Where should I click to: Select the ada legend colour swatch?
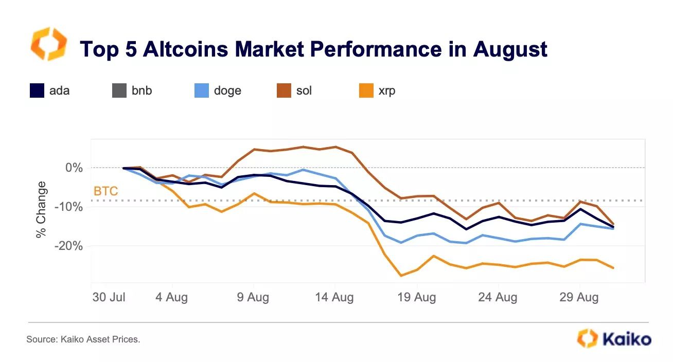37,91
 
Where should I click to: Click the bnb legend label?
141,91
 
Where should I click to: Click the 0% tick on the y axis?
74,168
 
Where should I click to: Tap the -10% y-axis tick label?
69,207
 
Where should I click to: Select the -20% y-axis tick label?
69,246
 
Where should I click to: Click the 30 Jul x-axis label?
109,298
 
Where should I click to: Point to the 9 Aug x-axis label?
253,298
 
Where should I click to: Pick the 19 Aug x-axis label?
417,298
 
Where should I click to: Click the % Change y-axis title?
41,210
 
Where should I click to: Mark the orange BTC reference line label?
105,192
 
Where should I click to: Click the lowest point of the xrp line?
401,276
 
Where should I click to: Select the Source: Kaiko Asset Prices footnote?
83,339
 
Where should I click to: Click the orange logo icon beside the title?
49,44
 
